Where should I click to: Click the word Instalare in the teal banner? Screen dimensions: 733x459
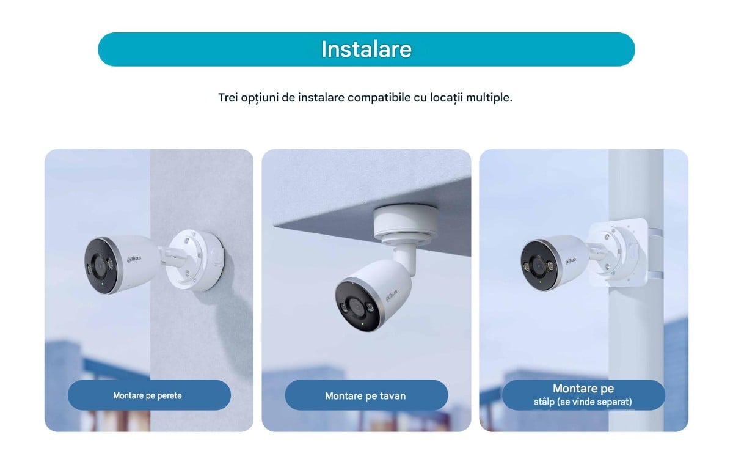[x=366, y=50]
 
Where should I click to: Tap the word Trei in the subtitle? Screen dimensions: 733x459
[x=228, y=98]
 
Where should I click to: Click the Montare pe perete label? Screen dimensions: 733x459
[x=147, y=395]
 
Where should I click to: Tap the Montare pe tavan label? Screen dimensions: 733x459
[x=365, y=396]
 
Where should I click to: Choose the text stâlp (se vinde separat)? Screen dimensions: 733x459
[x=583, y=402]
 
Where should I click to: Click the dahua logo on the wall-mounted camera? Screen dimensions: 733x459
[x=134, y=259]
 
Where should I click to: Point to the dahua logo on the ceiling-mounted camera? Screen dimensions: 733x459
[x=392, y=295]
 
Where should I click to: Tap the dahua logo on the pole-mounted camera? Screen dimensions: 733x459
[x=571, y=261]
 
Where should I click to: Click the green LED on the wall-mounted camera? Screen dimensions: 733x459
[x=103, y=284]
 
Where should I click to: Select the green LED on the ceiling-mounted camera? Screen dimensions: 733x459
[x=362, y=324]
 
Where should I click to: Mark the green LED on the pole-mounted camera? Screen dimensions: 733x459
[x=540, y=282]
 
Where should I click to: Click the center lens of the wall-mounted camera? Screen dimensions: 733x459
[x=99, y=265]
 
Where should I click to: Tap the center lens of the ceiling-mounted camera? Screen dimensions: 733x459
[x=356, y=307]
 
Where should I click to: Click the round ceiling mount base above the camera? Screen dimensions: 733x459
[x=406, y=224]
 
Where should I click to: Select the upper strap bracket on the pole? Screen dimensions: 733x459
[x=655, y=233]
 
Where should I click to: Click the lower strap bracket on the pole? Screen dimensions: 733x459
[x=655, y=275]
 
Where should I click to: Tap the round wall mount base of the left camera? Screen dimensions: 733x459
[x=195, y=260]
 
